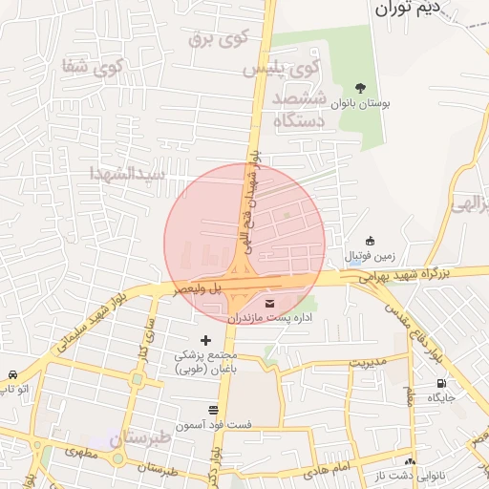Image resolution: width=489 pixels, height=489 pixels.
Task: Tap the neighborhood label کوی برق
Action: (x=211, y=38)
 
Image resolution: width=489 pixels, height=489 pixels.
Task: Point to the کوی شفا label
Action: (x=94, y=68)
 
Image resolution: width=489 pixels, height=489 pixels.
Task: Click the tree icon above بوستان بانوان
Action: (x=359, y=86)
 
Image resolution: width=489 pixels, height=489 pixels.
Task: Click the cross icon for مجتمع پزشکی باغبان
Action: (x=205, y=340)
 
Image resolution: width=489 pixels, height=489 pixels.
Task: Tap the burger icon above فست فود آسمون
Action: (x=213, y=409)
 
